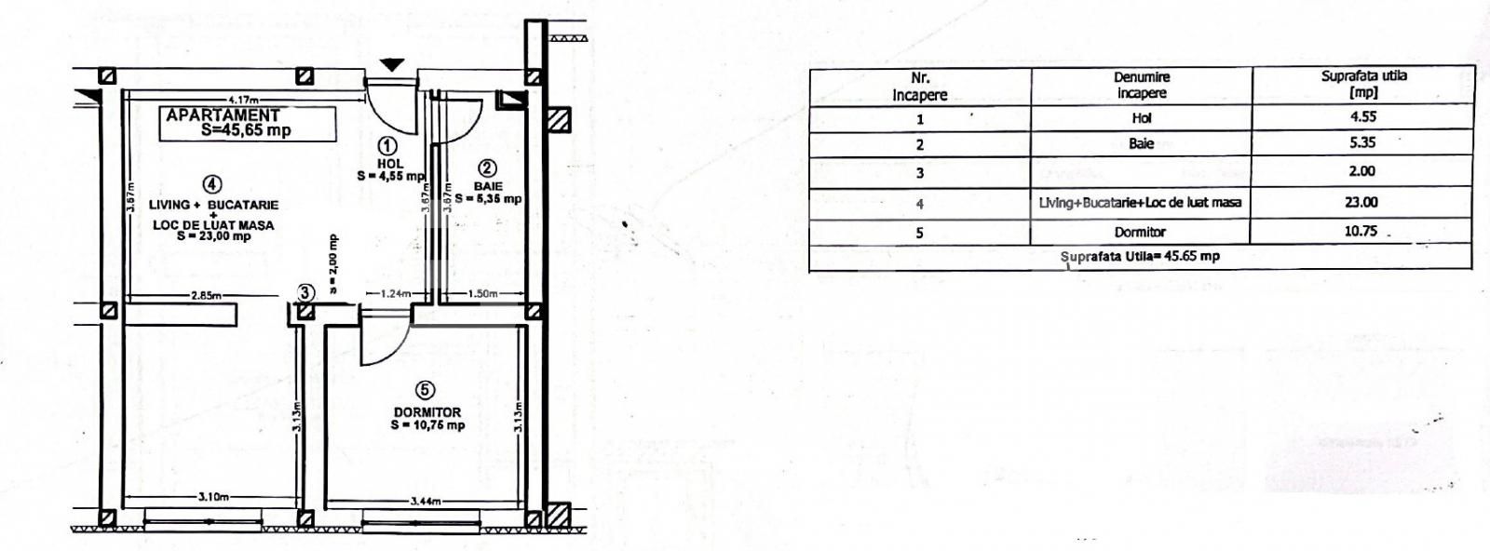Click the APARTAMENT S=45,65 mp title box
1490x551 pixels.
tap(247, 124)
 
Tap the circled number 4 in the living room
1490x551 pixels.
tap(213, 184)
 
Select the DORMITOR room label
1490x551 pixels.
tap(427, 411)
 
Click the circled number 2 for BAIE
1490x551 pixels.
tap(487, 168)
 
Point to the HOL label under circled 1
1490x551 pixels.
tap(390, 164)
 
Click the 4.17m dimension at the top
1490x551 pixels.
tap(243, 100)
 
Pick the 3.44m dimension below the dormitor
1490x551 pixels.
tap(425, 502)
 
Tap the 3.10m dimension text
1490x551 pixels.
tap(213, 497)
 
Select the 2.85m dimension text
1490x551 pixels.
tap(205, 296)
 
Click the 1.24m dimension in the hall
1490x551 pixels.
tap(396, 294)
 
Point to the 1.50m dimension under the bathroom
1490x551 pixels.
tap(482, 294)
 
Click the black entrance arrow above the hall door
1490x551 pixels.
tap(393, 64)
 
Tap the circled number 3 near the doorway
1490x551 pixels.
tap(305, 292)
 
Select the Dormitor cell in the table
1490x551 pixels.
tap(1140, 233)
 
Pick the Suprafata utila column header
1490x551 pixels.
tap(1363, 84)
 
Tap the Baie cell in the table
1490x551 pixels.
tap(1141, 144)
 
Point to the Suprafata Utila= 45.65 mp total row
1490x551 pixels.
tap(1140, 257)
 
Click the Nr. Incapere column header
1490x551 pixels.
tap(919, 86)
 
